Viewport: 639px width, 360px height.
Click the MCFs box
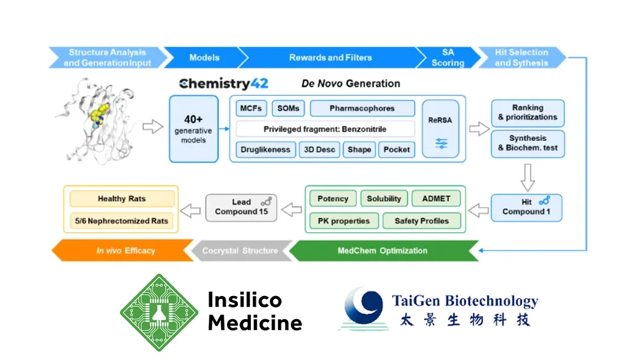(251, 109)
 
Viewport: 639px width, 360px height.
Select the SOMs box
(288, 109)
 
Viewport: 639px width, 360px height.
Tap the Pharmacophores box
(362, 109)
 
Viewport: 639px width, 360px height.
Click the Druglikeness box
(265, 150)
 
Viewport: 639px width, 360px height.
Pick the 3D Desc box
(319, 150)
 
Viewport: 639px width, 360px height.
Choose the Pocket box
(396, 150)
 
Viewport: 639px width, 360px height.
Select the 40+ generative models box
(193, 128)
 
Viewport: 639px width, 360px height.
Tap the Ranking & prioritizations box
(527, 112)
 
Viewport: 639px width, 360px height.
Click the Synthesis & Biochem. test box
(527, 143)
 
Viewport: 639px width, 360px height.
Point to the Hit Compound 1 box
(526, 207)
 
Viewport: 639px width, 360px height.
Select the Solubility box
(383, 199)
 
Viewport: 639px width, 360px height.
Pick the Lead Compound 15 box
(241, 207)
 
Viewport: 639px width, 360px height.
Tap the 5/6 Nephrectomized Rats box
(122, 221)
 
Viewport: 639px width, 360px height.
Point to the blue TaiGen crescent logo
(363, 308)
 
